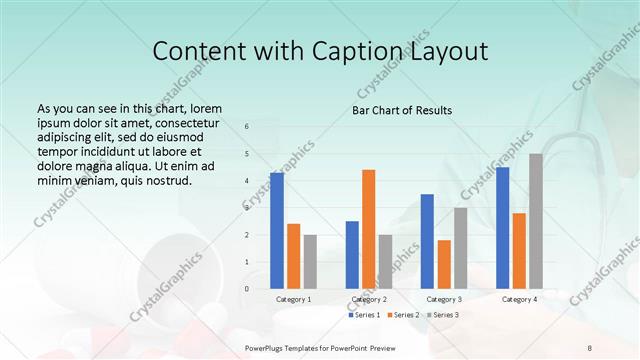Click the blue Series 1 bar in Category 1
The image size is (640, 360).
277,231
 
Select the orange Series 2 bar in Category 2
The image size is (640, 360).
369,229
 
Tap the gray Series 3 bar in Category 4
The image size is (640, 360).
536,221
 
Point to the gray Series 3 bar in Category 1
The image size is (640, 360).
310,262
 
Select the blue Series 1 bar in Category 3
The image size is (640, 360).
427,241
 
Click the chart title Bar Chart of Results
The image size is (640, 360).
402,110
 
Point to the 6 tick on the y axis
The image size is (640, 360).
247,127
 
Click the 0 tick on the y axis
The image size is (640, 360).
247,289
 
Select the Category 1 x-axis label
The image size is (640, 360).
293,299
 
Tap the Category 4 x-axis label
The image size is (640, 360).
519,299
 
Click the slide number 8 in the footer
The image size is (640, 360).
589,347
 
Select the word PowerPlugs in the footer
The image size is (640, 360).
265,347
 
